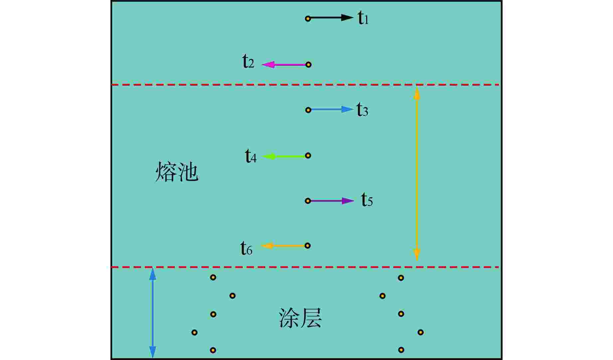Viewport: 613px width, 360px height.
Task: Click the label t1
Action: [363, 18]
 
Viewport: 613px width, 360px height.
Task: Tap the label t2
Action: [248, 62]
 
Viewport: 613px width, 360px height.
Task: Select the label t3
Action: [362, 109]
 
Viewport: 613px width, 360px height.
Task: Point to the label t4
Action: [251, 156]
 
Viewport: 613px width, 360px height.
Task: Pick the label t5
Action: [367, 200]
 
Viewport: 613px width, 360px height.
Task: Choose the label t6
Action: [246, 248]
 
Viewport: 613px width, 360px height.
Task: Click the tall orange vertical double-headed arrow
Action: [416, 173]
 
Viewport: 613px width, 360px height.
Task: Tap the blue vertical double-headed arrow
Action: [152, 313]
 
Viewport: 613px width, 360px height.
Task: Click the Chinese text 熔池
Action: [177, 172]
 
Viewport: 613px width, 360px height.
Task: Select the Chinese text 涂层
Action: [300, 318]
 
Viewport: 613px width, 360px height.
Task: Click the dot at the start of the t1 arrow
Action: [308, 18]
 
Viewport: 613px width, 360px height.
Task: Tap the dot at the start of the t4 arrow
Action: [308, 155]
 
